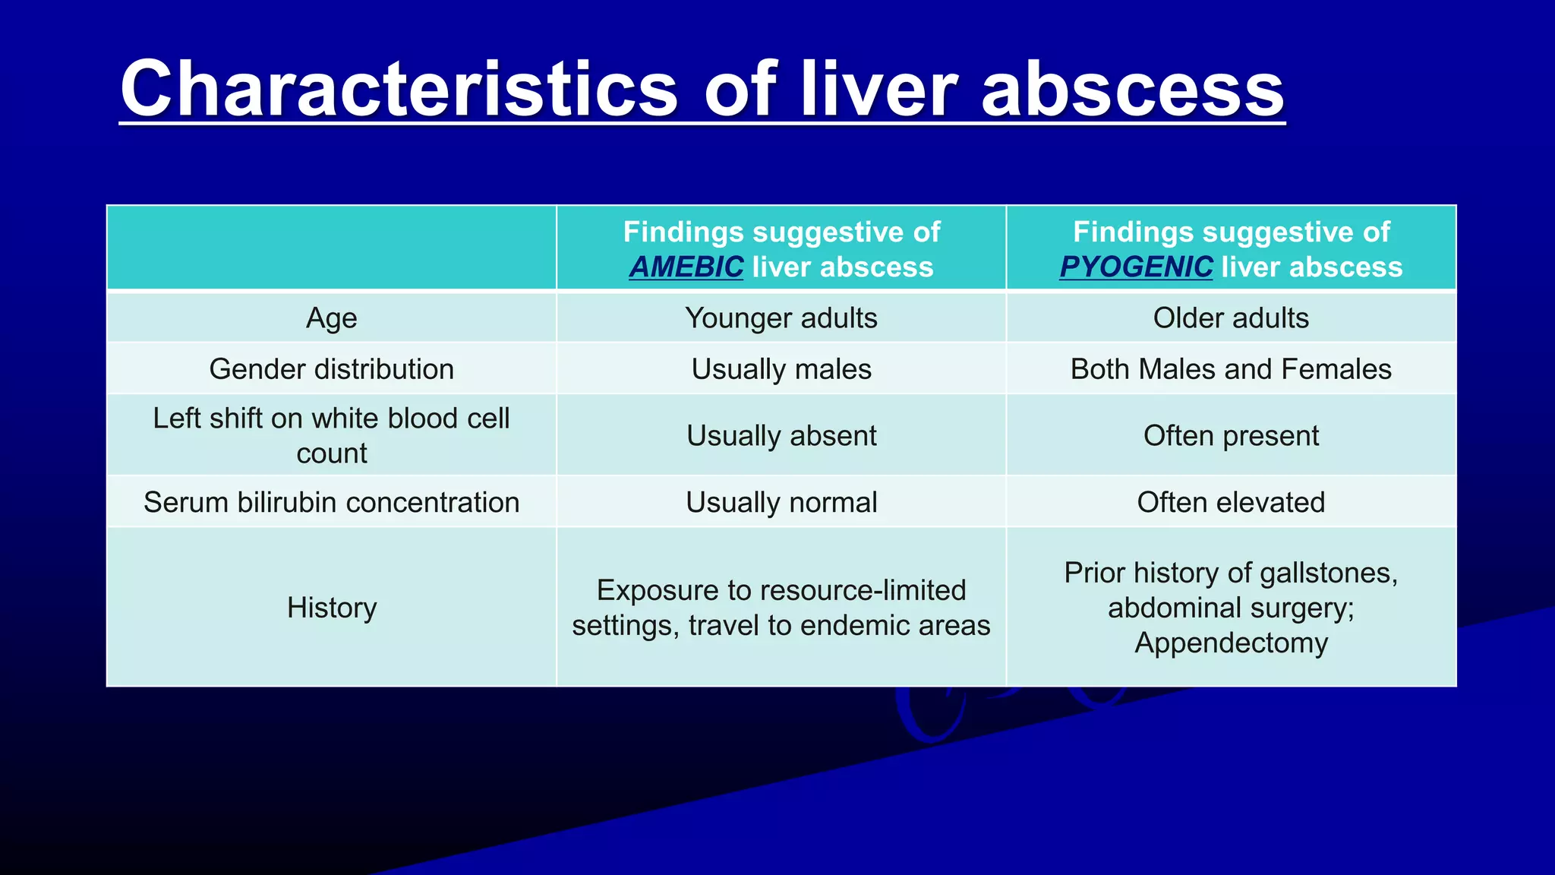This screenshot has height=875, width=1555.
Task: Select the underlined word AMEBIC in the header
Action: [x=686, y=267]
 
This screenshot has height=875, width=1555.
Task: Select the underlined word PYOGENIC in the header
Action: [x=1137, y=267]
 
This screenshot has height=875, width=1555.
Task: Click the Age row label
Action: [x=332, y=318]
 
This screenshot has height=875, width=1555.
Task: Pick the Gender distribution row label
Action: [x=332, y=369]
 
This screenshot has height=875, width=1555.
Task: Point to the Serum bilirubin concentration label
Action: [x=332, y=502]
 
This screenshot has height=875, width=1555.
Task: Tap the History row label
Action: [x=332, y=608]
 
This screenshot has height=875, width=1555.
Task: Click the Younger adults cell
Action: [x=781, y=318]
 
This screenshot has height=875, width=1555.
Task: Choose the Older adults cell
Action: [x=1231, y=318]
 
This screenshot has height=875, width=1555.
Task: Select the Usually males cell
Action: [x=781, y=369]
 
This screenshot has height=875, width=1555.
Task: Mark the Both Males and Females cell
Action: [x=1231, y=369]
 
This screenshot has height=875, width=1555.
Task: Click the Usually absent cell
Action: [x=781, y=436]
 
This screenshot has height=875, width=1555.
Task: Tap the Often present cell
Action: [x=1231, y=436]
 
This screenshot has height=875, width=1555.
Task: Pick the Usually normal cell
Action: [x=781, y=502]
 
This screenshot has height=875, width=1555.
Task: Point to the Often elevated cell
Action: [x=1231, y=502]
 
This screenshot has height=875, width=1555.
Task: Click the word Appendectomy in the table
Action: [x=1231, y=643]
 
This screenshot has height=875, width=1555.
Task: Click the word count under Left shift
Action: [x=332, y=453]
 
